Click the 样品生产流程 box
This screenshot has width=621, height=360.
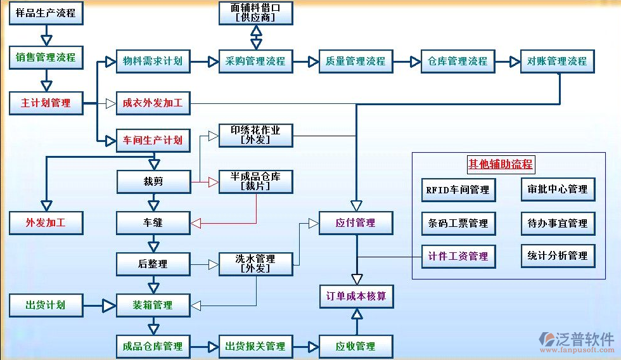pos(46,13)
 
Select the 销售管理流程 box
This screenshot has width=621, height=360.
pos(46,57)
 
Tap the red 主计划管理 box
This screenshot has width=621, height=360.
pos(46,103)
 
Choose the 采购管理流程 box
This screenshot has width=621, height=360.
pos(255,61)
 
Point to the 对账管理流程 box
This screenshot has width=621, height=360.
pos(557,61)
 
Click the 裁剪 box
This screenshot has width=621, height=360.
pos(153,182)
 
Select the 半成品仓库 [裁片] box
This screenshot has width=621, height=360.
pos(255,182)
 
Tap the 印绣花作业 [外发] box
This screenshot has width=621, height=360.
pos(255,135)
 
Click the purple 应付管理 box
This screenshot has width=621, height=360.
pos(356,223)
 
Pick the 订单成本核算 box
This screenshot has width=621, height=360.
pos(356,296)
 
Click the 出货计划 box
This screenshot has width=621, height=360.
pos(46,305)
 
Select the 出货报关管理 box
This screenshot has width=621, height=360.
pos(255,347)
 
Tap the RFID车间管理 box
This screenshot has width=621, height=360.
pos(458,190)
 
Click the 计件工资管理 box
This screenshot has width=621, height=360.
pos(458,256)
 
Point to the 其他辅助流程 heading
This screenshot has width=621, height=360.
pos(501,165)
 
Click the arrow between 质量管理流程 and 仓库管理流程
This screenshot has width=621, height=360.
pos(407,61)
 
